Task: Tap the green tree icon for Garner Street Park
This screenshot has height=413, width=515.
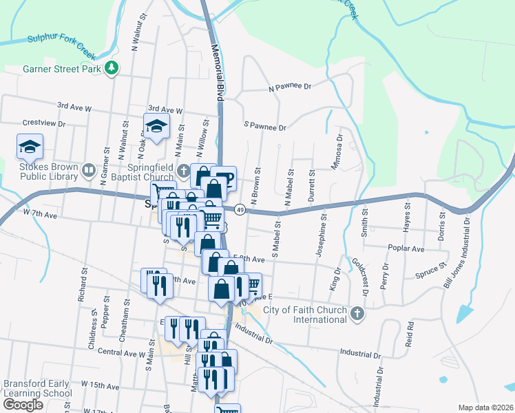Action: (x=110, y=69)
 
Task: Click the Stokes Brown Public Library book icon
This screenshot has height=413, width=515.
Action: (x=88, y=169)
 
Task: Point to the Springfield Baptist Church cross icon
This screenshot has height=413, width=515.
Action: (x=183, y=170)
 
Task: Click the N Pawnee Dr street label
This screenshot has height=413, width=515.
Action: (x=290, y=87)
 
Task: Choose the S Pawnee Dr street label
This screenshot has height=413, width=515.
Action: (x=264, y=127)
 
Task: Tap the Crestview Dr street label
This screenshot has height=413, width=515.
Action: (x=43, y=123)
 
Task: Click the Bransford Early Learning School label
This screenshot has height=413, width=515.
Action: (x=37, y=388)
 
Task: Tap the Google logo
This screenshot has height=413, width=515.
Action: (x=23, y=405)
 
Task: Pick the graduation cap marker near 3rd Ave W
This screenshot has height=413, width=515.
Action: (x=156, y=126)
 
